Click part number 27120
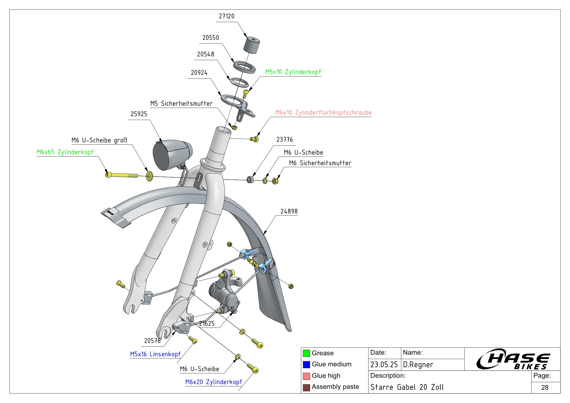[x=227, y=16]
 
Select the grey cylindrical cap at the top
[x=252, y=45]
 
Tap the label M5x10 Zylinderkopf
[x=293, y=72]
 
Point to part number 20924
[x=199, y=73]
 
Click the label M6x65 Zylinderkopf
[x=65, y=152]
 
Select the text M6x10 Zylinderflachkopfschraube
[x=323, y=113]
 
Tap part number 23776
[x=285, y=140]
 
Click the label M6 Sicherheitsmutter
[x=320, y=163]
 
